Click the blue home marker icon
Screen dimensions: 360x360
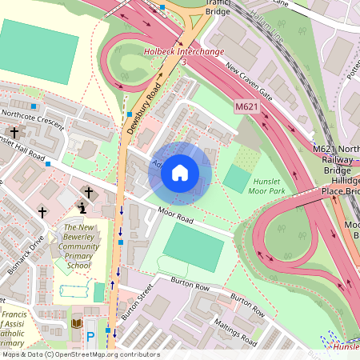point(180,172)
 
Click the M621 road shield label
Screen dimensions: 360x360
point(246,106)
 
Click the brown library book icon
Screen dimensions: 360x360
point(77,323)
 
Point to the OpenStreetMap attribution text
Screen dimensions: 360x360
point(80,354)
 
